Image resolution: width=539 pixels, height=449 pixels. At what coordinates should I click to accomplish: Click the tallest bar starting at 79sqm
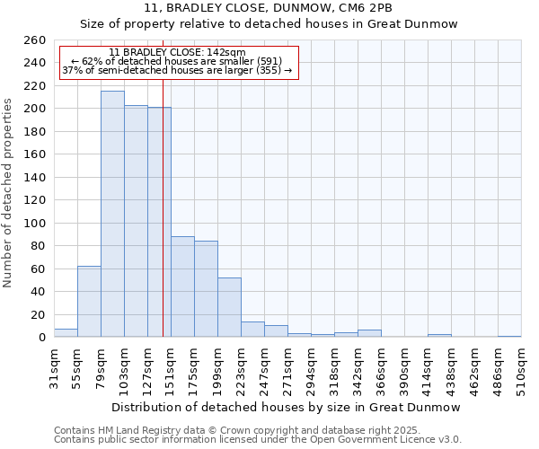112,214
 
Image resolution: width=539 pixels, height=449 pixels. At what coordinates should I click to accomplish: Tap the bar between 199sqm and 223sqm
229,307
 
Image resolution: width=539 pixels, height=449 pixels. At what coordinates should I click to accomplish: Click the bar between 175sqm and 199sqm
206,288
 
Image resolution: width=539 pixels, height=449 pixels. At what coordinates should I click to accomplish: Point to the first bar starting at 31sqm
66,333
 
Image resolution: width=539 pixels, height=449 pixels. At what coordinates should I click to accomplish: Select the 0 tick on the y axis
41,337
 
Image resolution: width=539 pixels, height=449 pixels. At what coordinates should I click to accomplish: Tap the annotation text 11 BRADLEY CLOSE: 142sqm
176,52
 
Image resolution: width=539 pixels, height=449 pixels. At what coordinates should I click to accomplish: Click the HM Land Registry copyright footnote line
256,430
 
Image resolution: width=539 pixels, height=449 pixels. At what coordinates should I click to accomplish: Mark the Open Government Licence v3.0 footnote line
257,439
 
